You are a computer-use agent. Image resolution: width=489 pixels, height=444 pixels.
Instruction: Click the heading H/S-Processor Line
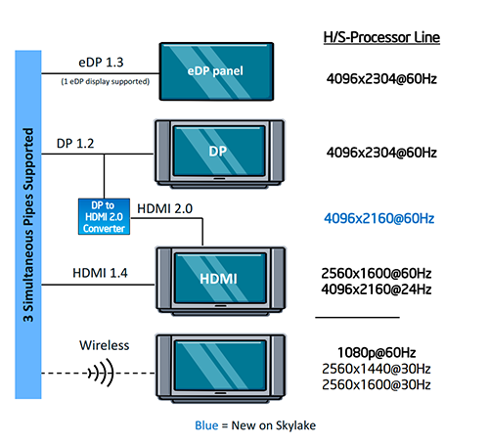click(381, 38)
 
